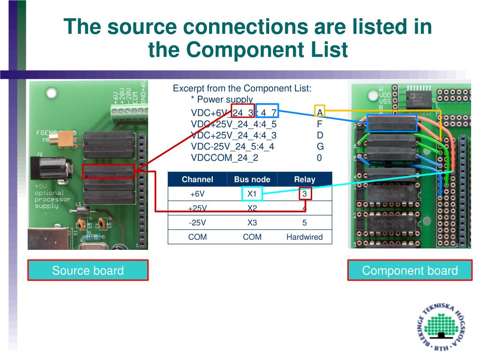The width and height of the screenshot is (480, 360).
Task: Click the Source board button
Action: click(88, 270)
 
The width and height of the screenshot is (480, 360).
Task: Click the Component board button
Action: click(410, 270)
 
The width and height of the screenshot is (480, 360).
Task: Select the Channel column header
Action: click(197, 180)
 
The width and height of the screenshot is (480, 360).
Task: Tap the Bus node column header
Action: click(252, 180)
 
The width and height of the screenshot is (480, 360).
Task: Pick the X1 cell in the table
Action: click(252, 194)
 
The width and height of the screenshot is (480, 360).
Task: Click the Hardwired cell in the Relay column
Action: click(305, 237)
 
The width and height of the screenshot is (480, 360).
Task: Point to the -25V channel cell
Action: click(197, 223)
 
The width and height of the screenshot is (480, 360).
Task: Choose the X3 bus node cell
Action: click(252, 223)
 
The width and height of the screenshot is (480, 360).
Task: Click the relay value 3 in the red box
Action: click(305, 194)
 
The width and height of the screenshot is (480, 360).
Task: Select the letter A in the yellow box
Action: click(320, 112)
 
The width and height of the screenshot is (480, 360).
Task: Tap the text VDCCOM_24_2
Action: click(225, 158)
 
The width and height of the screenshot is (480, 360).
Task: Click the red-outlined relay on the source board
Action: click(109, 172)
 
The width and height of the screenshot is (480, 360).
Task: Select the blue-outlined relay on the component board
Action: click(392, 123)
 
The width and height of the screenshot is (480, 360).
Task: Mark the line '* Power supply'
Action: click(222, 99)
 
